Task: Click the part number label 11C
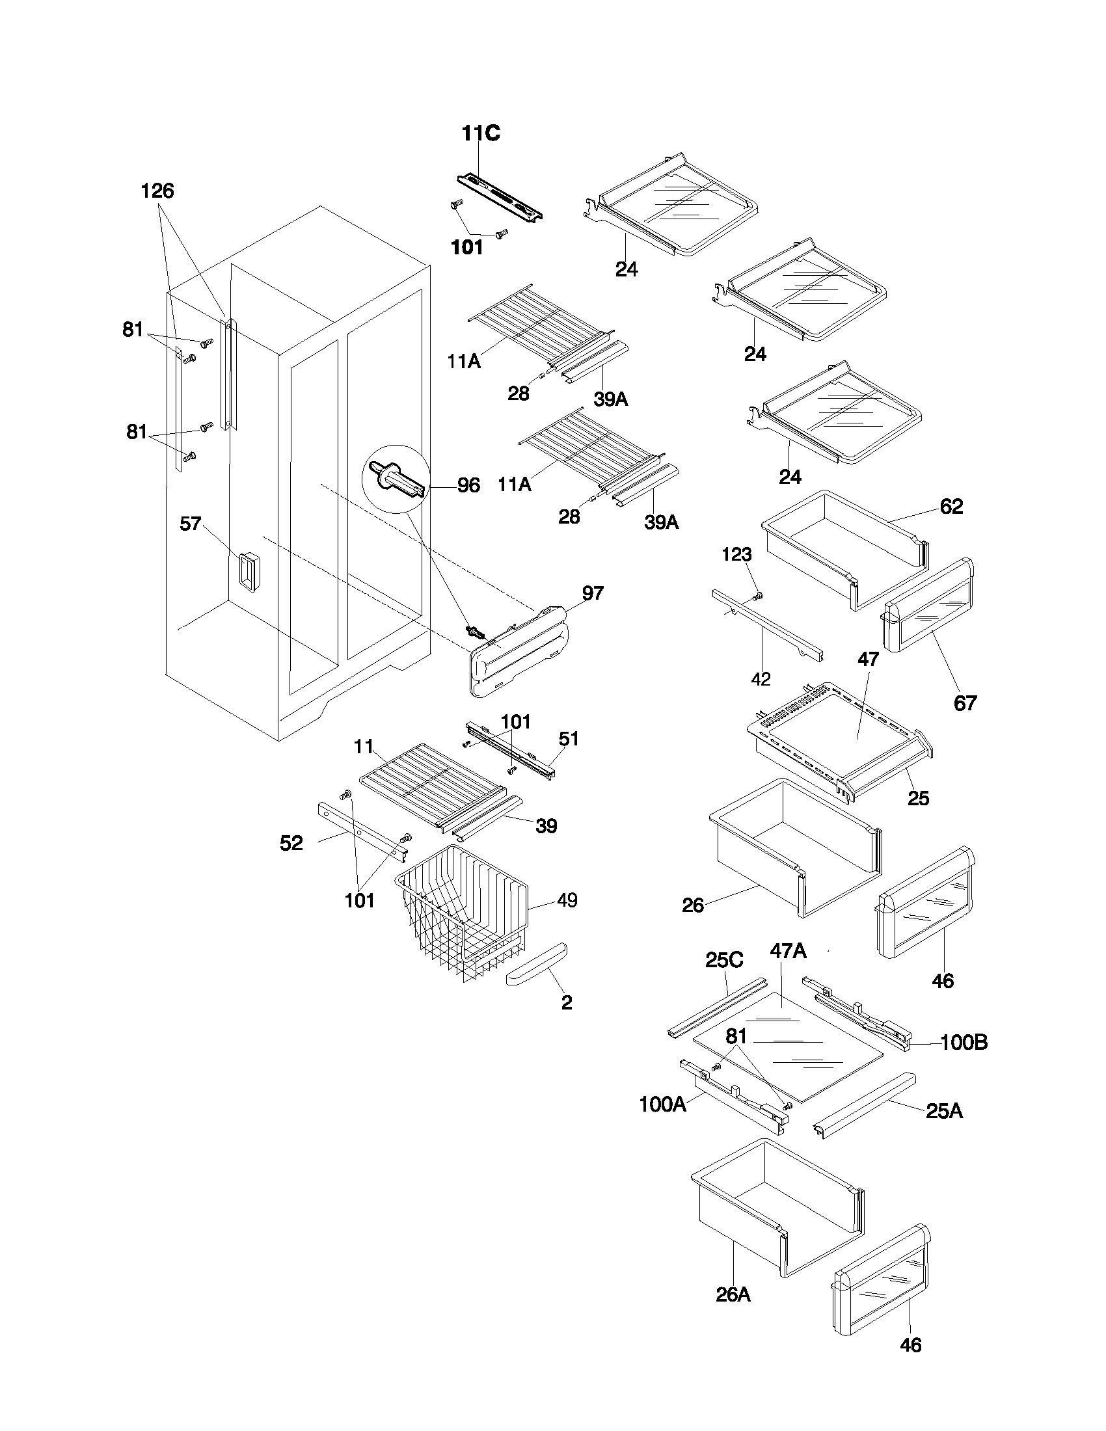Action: pyautogui.click(x=480, y=133)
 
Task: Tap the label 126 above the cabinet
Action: pyautogui.click(x=157, y=191)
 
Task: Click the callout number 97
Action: pyautogui.click(x=592, y=593)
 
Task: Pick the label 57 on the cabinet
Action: pyautogui.click(x=190, y=524)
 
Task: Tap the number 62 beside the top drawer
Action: pyautogui.click(x=951, y=506)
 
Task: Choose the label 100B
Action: pyautogui.click(x=964, y=1042)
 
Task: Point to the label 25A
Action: pyautogui.click(x=944, y=1110)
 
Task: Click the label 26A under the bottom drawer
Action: pyautogui.click(x=733, y=1294)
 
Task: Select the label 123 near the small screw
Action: pyautogui.click(x=736, y=554)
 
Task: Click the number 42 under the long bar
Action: pyautogui.click(x=761, y=680)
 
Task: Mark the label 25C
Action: pyautogui.click(x=724, y=960)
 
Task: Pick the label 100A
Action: pyautogui.click(x=662, y=1104)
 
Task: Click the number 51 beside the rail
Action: pyautogui.click(x=569, y=738)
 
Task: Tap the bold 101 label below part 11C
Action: pyautogui.click(x=467, y=248)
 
